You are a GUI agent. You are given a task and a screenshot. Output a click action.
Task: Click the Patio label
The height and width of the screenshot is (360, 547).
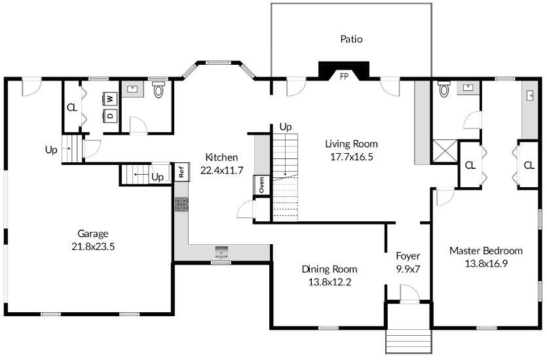351,39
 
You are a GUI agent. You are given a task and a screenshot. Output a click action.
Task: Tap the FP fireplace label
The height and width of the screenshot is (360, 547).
344,77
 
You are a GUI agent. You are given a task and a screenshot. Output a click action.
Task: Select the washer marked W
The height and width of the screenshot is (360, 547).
110,99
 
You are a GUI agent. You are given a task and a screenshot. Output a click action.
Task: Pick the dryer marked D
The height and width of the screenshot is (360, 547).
110,115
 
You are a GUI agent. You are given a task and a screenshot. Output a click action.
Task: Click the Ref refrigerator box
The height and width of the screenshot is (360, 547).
181,171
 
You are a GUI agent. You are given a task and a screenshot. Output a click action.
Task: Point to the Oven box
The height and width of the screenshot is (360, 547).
261,185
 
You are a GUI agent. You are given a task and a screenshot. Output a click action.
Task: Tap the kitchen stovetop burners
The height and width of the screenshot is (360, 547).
181,204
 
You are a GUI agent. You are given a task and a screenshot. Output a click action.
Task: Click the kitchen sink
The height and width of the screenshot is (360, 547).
221,251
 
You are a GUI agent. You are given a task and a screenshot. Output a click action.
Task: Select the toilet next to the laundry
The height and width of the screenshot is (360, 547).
159,90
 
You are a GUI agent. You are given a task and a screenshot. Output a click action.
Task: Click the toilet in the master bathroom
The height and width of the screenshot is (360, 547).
443,89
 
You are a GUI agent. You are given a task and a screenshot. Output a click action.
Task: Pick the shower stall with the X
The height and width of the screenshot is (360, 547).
444,151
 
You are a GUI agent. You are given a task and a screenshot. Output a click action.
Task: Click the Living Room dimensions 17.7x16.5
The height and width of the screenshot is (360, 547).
351,157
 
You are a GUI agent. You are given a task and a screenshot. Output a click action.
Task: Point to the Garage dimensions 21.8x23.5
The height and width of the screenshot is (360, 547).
93,247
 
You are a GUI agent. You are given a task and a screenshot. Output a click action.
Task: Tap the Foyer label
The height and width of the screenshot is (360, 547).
407,256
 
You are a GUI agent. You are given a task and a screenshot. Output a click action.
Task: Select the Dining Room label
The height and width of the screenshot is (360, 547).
330,269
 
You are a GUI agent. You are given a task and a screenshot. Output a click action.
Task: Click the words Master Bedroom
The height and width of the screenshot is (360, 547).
485,251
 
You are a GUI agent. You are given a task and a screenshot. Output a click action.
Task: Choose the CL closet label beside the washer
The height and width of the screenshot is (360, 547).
72,108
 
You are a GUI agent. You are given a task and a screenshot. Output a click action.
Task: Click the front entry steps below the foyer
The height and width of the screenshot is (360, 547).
409,341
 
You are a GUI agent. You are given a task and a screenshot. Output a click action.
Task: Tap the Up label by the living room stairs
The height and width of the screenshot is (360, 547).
286,127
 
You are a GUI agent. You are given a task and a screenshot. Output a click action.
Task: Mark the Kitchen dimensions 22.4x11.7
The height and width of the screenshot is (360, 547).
221,170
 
